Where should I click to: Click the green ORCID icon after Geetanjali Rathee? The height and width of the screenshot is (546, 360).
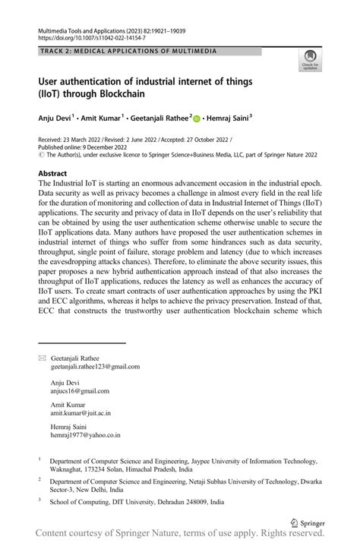pos(197,118)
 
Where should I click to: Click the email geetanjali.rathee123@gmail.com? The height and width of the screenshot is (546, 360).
pos(95,366)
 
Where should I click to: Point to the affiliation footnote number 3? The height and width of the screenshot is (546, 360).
pos(39,501)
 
